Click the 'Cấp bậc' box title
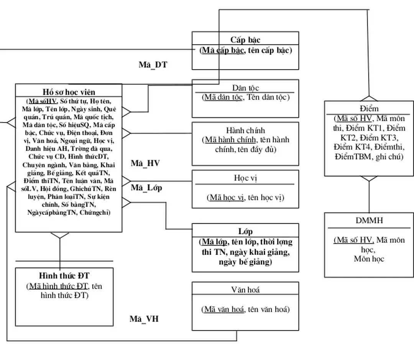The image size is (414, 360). pyautogui.click(x=245, y=40)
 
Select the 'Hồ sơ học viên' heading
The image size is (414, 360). pyautogui.click(x=69, y=92)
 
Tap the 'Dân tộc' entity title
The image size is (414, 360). pyautogui.click(x=245, y=88)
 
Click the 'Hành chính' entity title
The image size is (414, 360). pyautogui.click(x=245, y=130)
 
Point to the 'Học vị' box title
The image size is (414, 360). pyautogui.click(x=245, y=178)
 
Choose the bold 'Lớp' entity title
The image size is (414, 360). pyautogui.click(x=245, y=231)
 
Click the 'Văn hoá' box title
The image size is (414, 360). pyautogui.click(x=245, y=289)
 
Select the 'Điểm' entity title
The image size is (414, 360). pyautogui.click(x=369, y=109)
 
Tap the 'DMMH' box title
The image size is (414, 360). pyautogui.click(x=369, y=221)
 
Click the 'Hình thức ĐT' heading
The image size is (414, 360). pyautogui.click(x=64, y=276)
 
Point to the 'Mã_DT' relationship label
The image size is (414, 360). pyautogui.click(x=153, y=65)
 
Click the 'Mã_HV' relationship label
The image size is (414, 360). pyautogui.click(x=145, y=163)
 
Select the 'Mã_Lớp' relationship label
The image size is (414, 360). pyautogui.click(x=146, y=188)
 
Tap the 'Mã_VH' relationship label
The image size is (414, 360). pyautogui.click(x=144, y=319)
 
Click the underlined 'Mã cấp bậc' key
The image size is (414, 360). pyautogui.click(x=223, y=50)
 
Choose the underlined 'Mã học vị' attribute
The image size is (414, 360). pyautogui.click(x=227, y=198)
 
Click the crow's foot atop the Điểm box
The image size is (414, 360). pyautogui.click(x=369, y=98)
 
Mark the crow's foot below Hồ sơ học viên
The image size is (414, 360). pyautogui.click(x=60, y=235)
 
